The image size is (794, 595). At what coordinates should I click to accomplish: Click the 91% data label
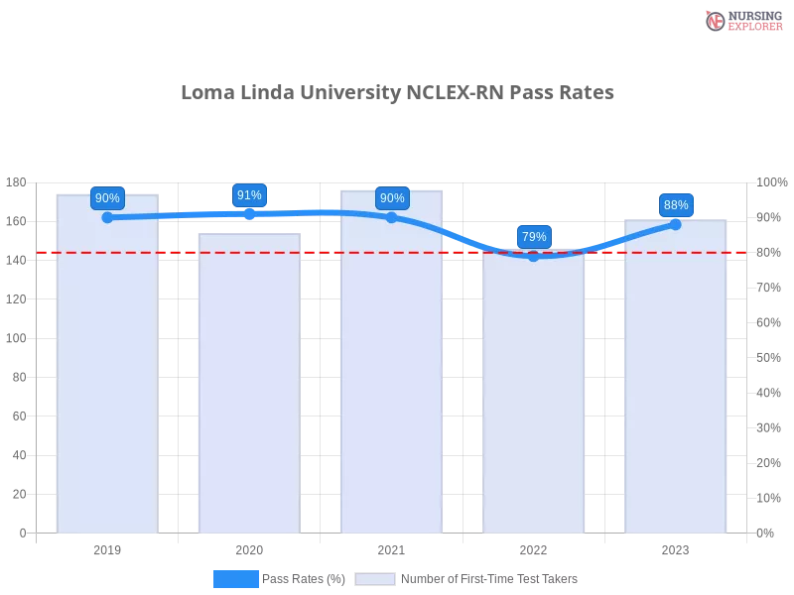pyautogui.click(x=249, y=195)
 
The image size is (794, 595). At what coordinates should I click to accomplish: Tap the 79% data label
pyautogui.click(x=534, y=237)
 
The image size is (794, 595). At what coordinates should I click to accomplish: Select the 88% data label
pyautogui.click(x=676, y=205)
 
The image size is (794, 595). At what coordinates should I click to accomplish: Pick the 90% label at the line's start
pyautogui.click(x=107, y=198)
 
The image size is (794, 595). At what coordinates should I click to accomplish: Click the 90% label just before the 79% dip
pyautogui.click(x=392, y=198)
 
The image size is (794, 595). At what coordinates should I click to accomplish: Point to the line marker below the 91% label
pyautogui.click(x=249, y=213)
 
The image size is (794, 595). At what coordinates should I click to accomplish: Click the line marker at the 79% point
pyautogui.click(x=534, y=256)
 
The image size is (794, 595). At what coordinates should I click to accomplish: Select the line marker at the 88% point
pyautogui.click(x=676, y=224)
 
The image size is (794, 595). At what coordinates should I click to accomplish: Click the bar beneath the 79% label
pyautogui.click(x=533, y=397)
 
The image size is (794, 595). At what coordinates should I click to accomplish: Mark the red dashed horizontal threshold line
pyautogui.click(x=318, y=253)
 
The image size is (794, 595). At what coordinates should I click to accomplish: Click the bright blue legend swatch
pyautogui.click(x=235, y=578)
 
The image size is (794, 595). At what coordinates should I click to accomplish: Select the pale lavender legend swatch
pyautogui.click(x=375, y=578)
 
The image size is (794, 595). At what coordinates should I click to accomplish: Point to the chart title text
pyautogui.click(x=397, y=93)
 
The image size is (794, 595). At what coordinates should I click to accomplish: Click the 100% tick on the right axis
pyautogui.click(x=770, y=181)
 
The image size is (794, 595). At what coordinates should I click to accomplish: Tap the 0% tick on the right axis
pyautogui.click(x=766, y=532)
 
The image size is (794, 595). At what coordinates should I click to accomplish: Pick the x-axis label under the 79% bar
pyautogui.click(x=533, y=547)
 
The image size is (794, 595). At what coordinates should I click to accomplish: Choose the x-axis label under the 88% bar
pyautogui.click(x=675, y=547)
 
